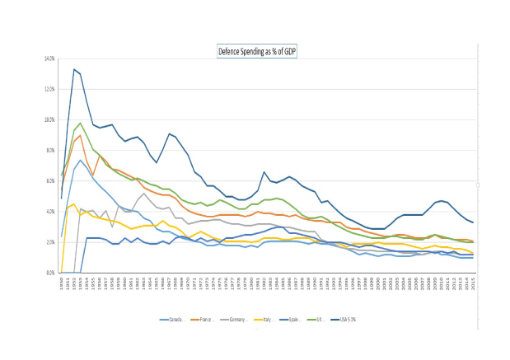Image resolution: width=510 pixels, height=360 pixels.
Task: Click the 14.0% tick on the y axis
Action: pos(49,59)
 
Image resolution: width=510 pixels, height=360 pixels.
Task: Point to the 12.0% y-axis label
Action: pos(49,90)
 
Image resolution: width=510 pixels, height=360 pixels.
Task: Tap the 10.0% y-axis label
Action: pos(49,120)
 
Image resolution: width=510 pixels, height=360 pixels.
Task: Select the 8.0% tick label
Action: pos(49,151)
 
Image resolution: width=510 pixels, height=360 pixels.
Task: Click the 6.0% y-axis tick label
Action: pos(49,181)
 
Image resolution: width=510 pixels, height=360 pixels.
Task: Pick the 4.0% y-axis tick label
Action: pos(49,212)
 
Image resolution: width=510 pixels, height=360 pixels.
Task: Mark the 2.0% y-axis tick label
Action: pos(49,242)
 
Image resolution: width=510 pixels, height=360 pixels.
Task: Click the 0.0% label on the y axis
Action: pos(49,273)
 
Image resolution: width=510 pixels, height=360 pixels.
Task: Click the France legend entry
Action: pos(208,319)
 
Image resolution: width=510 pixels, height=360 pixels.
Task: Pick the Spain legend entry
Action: pos(304,319)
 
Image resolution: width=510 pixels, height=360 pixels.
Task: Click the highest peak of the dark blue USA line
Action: pos(74,69)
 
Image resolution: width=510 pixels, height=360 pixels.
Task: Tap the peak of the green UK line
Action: pos(80,124)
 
